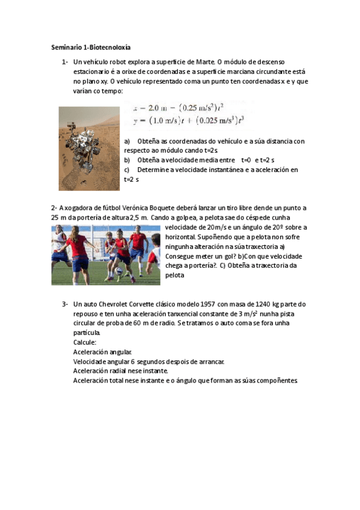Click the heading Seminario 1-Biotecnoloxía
point(91,46)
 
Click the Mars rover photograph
point(89,148)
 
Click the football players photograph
point(106,254)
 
